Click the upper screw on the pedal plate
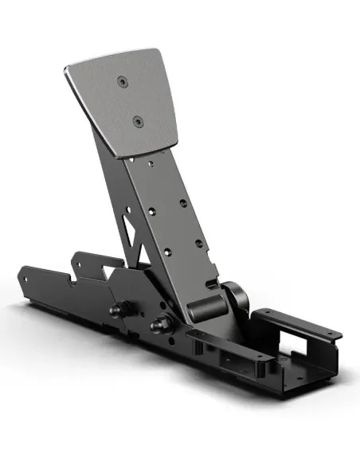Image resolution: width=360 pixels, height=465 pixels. tap(121, 80)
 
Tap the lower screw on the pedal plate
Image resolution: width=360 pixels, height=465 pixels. tap(137, 121)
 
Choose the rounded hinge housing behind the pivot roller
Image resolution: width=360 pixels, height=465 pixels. tap(233, 299)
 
